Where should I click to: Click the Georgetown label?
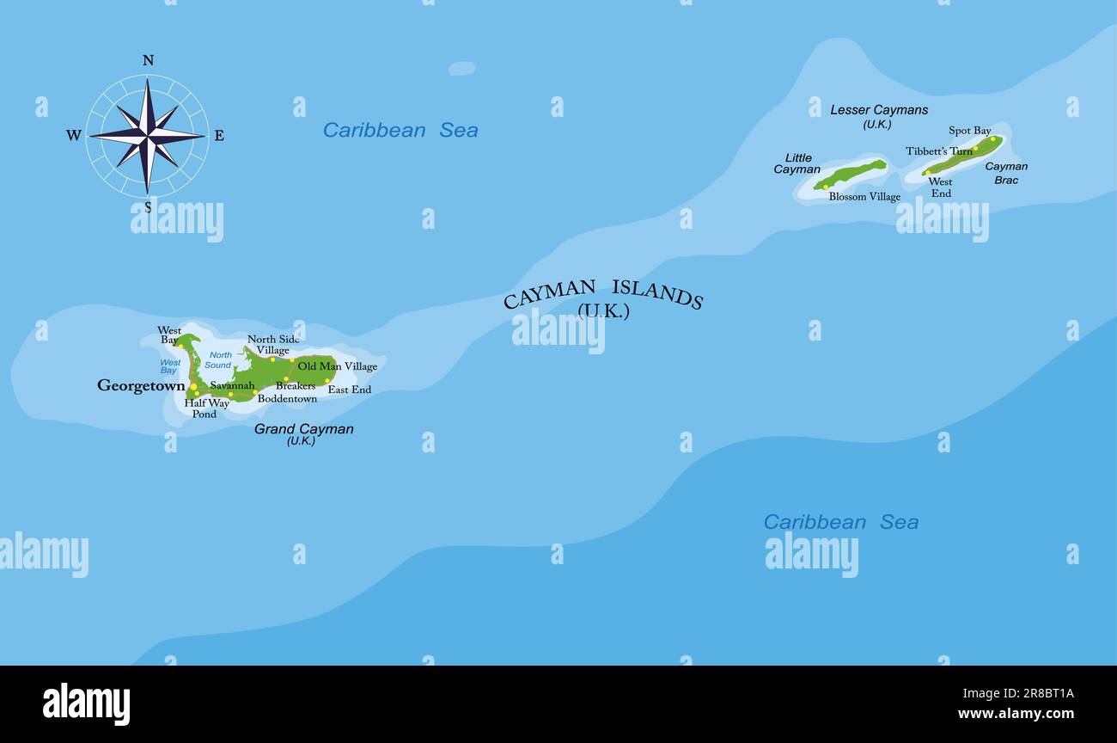tap(141, 386)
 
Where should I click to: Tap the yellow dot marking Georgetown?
tap(193, 387)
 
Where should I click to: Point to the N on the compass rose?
tap(148, 60)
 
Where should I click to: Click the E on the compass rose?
tap(218, 135)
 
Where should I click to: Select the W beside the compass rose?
tap(74, 136)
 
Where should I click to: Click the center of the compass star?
tap(148, 135)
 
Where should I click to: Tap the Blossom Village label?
tap(864, 197)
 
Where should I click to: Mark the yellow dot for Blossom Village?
tap(826, 187)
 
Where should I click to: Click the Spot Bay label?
tap(970, 131)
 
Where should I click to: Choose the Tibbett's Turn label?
tap(939, 151)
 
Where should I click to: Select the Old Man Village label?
tap(337, 366)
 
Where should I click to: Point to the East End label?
tap(350, 390)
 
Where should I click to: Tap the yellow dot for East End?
tap(327, 380)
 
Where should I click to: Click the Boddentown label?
tap(287, 399)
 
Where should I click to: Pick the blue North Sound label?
tap(219, 360)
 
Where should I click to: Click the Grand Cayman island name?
tap(303, 429)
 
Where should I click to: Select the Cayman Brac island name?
tap(1006, 173)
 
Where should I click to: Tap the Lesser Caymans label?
tap(879, 110)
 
